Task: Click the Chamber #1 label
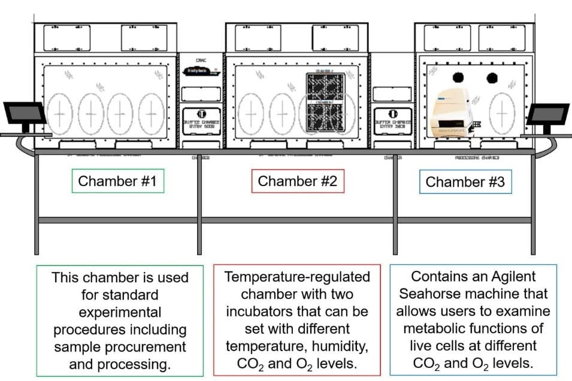[117, 181]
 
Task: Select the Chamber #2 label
[297, 181]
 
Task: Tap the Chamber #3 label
[465, 182]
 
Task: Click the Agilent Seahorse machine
[453, 112]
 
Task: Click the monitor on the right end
[547, 114]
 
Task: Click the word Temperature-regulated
[297, 278]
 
